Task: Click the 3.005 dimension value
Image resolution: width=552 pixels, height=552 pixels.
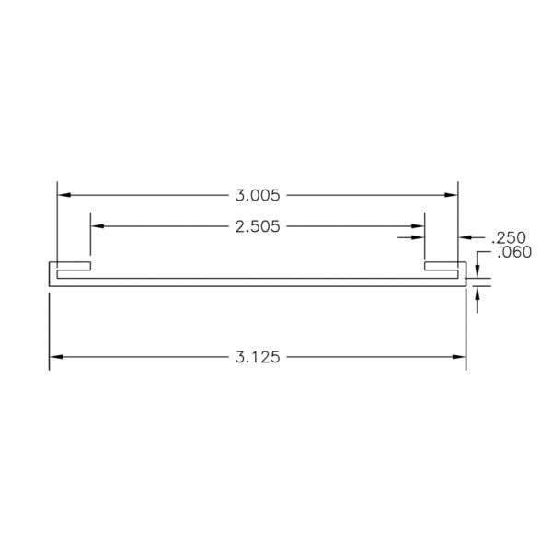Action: [258, 195]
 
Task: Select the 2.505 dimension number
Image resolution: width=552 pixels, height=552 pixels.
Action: [258, 224]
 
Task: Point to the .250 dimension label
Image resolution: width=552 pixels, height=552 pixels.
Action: [509, 237]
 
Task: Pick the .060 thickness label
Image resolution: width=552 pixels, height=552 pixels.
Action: [513, 253]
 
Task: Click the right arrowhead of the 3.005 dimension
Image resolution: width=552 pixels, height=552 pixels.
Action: [452, 195]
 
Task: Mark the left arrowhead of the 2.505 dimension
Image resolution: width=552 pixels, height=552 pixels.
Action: [97, 224]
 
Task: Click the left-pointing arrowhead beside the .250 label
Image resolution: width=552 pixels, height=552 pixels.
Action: [465, 237]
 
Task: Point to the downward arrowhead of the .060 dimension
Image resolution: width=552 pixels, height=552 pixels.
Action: [478, 269]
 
